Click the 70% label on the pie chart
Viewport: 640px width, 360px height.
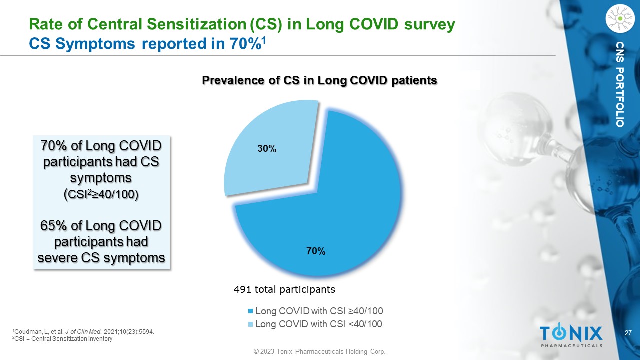(316, 252)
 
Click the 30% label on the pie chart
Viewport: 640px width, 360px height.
(267, 149)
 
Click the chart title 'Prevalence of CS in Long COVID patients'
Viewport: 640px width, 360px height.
(319, 80)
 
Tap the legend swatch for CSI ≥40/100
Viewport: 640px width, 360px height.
(251, 311)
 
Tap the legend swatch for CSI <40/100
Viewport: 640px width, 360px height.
(251, 324)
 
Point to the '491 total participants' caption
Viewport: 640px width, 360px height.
(284, 289)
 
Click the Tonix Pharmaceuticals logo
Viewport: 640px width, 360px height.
(571, 335)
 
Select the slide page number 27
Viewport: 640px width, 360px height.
(629, 333)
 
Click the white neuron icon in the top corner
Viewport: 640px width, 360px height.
(619, 18)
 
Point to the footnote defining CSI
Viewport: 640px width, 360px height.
(62, 339)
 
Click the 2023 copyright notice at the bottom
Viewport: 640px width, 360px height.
(319, 352)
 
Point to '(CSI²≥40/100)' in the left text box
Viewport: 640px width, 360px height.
(102, 194)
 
